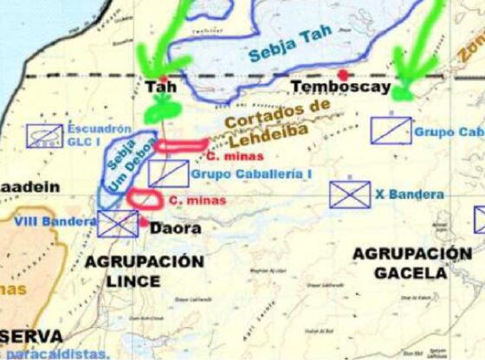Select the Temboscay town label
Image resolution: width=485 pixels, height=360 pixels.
(331, 87)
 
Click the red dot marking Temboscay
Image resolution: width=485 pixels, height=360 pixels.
(344, 74)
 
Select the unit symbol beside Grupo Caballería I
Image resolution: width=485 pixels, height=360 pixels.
(168, 173)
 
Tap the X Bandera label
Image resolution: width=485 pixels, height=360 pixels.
(411, 195)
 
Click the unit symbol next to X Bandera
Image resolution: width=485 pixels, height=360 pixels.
(350, 194)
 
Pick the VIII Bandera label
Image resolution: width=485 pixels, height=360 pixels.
(54, 222)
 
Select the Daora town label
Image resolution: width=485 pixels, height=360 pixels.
(176, 229)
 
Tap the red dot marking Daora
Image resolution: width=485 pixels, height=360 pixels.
(143, 222)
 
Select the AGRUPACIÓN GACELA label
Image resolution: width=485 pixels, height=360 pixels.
(411, 262)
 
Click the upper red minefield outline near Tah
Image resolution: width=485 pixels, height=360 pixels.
(183, 145)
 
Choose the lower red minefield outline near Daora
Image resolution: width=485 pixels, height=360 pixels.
(145, 198)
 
